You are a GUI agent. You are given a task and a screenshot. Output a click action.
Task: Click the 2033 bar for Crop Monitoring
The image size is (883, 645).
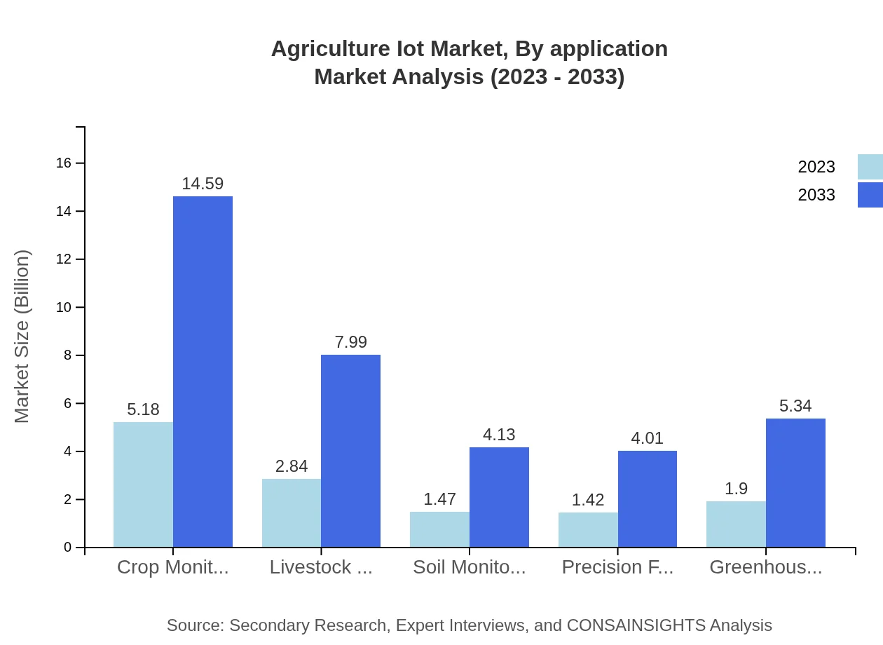point(203,372)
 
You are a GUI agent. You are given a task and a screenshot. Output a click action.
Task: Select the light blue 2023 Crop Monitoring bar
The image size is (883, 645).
point(143,484)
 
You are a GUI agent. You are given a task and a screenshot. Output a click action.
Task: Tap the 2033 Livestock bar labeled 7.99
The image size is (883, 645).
point(350,451)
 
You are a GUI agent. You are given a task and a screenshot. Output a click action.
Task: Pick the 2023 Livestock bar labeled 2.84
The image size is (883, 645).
point(292,512)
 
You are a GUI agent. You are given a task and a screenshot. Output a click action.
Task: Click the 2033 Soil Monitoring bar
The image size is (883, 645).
point(499,497)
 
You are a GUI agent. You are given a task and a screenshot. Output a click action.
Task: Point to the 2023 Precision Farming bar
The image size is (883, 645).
point(588,529)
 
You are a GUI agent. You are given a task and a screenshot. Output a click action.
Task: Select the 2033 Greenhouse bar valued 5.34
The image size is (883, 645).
point(795,482)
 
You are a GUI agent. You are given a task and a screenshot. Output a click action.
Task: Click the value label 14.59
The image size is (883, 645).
point(203,184)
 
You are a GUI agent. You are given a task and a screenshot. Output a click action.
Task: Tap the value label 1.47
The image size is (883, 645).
point(439,499)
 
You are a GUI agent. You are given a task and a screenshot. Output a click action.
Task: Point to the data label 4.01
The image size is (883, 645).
point(647,438)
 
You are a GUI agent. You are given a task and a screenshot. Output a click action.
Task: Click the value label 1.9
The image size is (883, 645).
point(736,489)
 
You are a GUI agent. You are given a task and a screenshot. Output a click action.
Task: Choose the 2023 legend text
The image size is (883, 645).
point(816,167)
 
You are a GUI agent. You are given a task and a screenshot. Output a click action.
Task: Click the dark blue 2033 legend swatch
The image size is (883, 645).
point(870,195)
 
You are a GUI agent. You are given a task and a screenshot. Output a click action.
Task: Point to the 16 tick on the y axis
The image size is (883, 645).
point(64,163)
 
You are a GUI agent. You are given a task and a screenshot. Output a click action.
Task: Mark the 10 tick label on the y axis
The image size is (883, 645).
point(64,308)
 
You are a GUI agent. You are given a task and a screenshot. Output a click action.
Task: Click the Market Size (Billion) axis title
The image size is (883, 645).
point(22,337)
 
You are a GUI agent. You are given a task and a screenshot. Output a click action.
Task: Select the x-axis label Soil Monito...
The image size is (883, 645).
point(469,567)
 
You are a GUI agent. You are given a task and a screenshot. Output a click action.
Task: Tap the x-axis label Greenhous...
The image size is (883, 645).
point(765,567)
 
